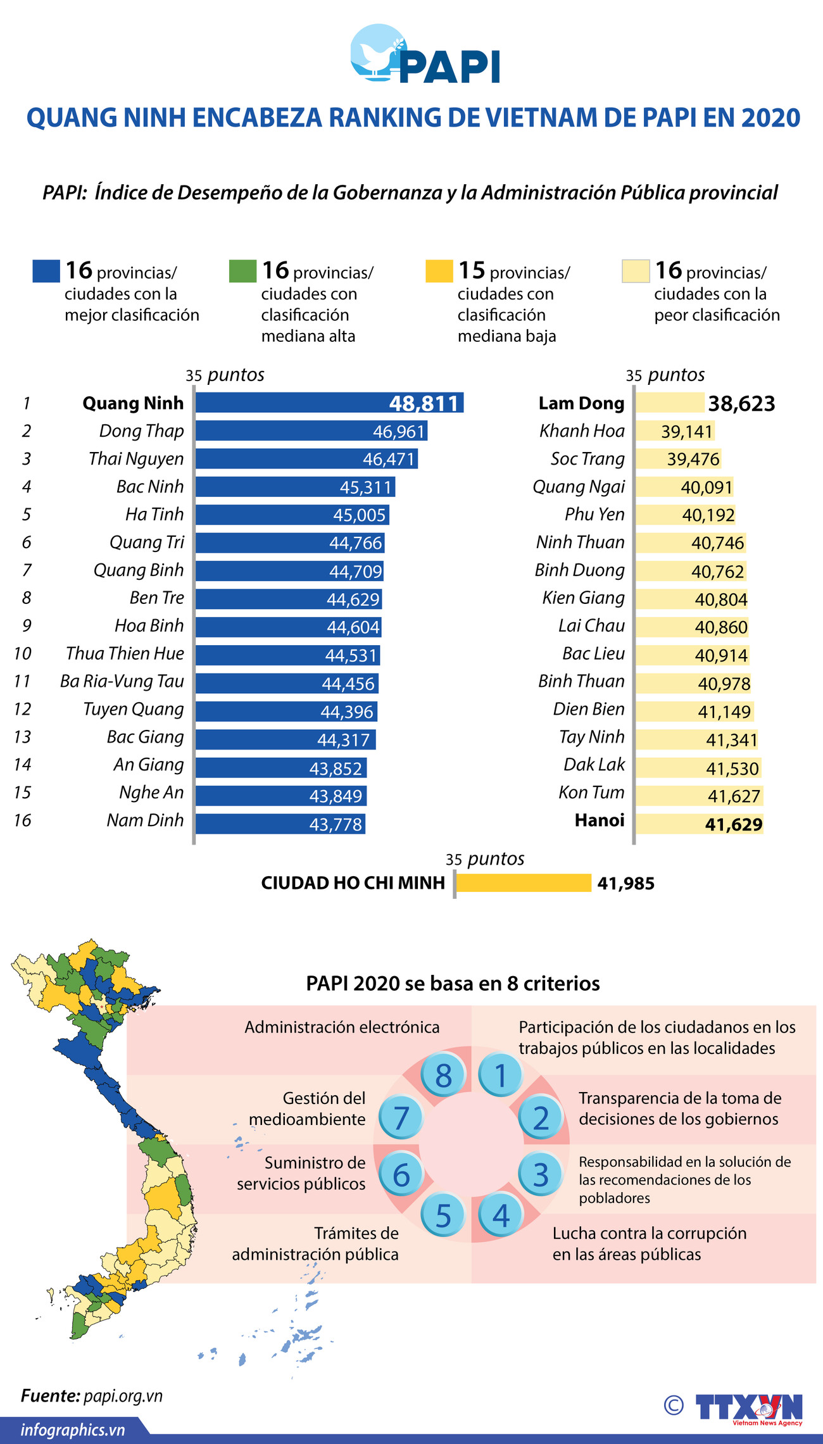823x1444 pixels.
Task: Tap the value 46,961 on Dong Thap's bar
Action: coord(398,432)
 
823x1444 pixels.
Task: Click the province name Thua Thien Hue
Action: coord(125,653)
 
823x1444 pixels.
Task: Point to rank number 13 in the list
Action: coord(22,737)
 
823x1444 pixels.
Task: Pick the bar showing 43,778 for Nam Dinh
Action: coord(280,824)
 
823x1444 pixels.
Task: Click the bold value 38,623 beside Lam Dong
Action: coord(741,404)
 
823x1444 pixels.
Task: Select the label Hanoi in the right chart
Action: coord(599,820)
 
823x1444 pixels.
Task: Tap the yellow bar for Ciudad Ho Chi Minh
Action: coord(523,883)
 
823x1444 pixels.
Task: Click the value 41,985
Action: coord(625,884)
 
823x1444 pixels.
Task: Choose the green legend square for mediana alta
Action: coord(242,271)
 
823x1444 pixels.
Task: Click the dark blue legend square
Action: coord(46,271)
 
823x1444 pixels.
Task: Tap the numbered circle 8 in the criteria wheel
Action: coord(443,1076)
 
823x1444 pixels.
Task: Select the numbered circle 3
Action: coord(540,1175)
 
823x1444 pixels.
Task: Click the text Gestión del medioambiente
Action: coord(308,1108)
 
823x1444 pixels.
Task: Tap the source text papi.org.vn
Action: coord(123,1396)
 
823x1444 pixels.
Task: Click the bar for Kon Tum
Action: coord(699,796)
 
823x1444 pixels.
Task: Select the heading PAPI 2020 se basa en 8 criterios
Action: coord(453,983)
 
